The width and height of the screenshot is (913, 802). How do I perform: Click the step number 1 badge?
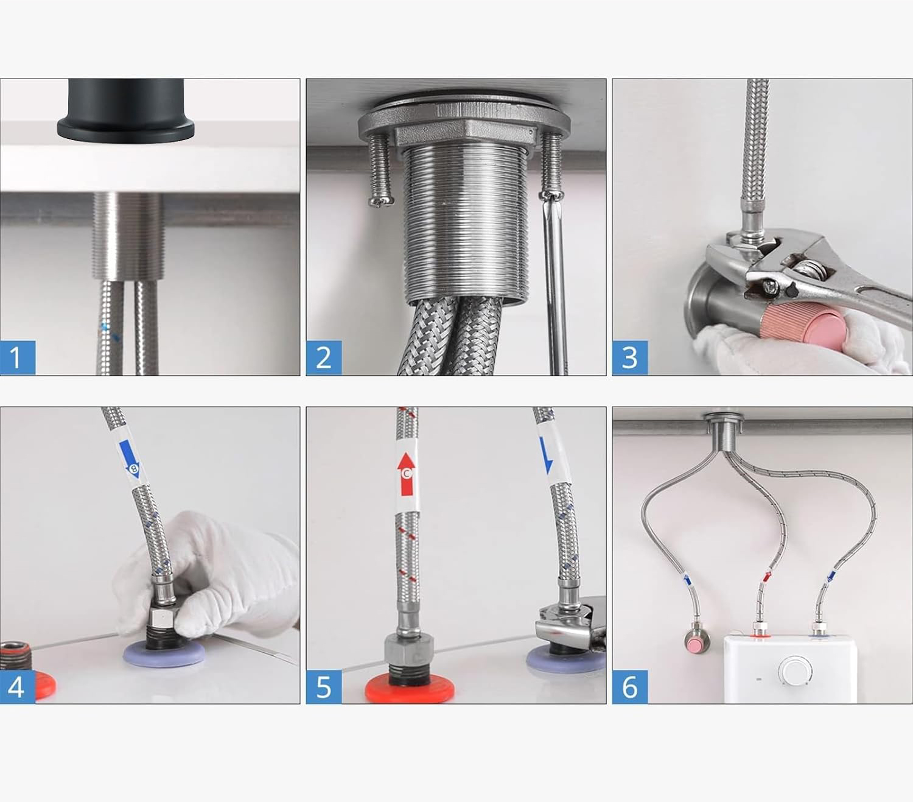(18, 357)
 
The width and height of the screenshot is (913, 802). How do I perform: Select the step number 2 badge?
(324, 357)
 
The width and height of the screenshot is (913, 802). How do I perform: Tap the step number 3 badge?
(630, 357)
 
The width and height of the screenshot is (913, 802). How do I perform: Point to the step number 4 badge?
(18, 686)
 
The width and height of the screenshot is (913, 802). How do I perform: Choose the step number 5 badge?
(324, 686)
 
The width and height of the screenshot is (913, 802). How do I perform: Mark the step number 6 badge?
(630, 686)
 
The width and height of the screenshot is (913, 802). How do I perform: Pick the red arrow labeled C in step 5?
(407, 474)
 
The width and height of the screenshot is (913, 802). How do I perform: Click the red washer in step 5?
(409, 686)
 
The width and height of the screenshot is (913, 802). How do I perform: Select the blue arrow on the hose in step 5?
(546, 455)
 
